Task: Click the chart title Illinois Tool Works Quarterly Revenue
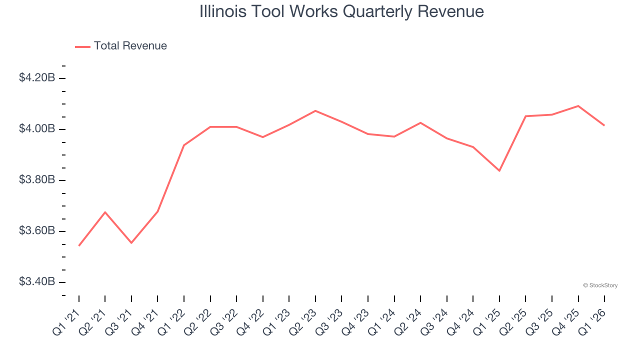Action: click(341, 11)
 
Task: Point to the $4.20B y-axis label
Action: click(37, 78)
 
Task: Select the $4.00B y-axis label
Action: click(37, 129)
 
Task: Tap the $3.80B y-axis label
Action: click(37, 180)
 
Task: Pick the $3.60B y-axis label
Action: click(37, 231)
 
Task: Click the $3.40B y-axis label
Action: click(37, 282)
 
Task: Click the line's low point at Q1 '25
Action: click(499, 170)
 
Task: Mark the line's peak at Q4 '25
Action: click(578, 106)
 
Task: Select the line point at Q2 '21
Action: click(105, 212)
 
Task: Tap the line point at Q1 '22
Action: click(184, 145)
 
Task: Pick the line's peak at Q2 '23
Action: click(315, 110)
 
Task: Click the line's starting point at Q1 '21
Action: click(79, 245)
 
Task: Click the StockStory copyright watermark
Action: click(600, 285)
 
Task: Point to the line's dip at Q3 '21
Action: click(131, 243)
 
